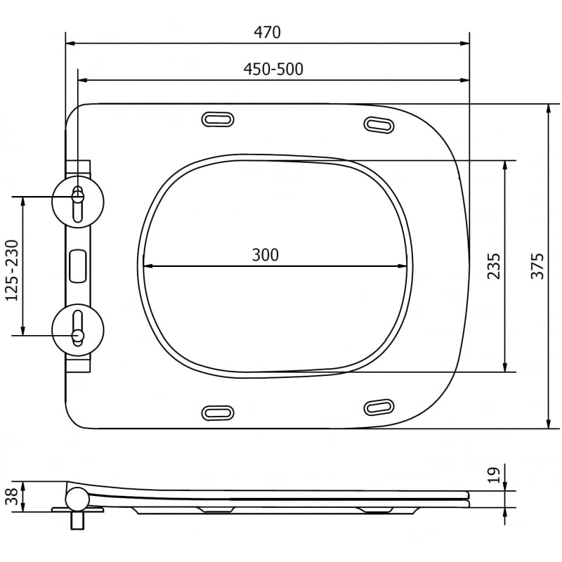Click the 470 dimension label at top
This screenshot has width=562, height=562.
click(x=267, y=32)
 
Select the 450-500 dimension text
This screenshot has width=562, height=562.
click(x=273, y=69)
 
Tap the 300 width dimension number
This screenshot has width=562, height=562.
click(x=266, y=255)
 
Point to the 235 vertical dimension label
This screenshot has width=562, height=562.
click(x=494, y=266)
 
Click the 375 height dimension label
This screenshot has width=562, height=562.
click(x=537, y=266)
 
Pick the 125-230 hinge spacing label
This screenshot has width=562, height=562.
click(x=12, y=266)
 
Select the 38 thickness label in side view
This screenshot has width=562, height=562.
click(x=12, y=497)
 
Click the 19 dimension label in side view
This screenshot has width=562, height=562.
click(x=494, y=475)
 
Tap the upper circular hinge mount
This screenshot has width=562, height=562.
click(x=78, y=200)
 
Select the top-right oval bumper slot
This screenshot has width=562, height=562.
click(x=379, y=124)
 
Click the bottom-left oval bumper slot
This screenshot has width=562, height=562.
click(x=218, y=412)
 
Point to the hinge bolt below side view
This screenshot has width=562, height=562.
click(x=77, y=521)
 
